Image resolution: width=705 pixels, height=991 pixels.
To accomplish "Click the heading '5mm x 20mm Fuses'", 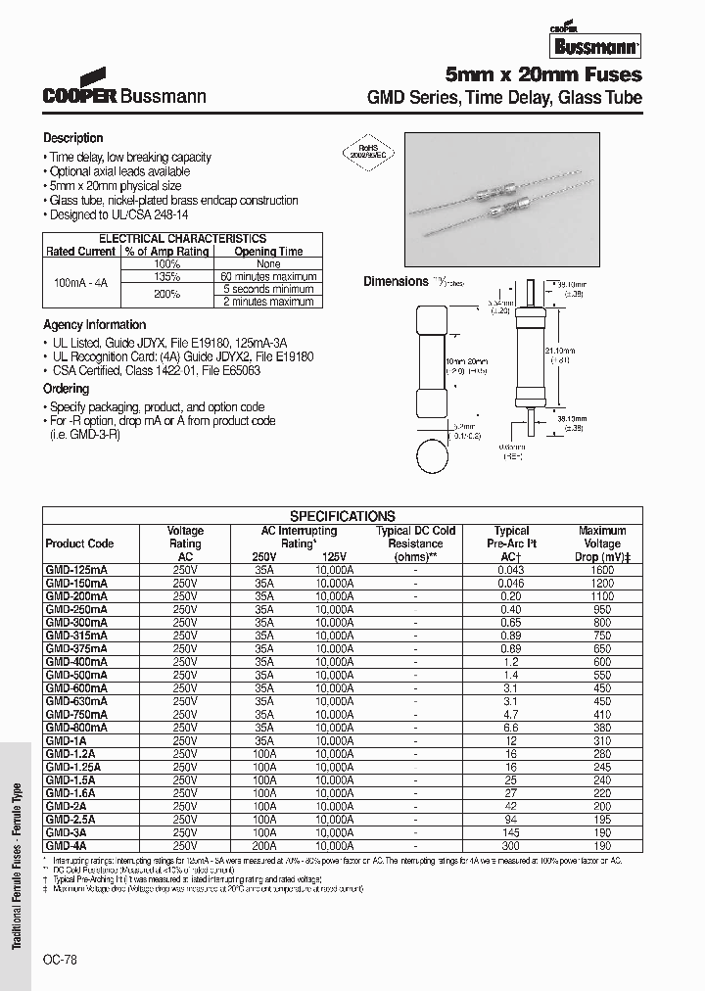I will pyautogui.click(x=543, y=74).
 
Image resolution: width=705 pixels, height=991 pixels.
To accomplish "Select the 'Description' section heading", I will pyautogui.click(x=73, y=138).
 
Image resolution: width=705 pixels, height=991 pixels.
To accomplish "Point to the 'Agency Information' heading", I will pyautogui.click(x=95, y=324).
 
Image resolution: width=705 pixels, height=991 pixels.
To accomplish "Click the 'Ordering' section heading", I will pyautogui.click(x=67, y=389).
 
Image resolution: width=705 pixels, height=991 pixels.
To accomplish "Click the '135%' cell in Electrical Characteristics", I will pyautogui.click(x=166, y=276).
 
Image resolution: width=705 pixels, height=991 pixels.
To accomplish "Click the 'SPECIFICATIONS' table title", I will pyautogui.click(x=343, y=516).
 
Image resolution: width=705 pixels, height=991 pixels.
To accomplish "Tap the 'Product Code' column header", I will pyautogui.click(x=80, y=543).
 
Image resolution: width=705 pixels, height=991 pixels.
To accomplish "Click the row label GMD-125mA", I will pyautogui.click(x=77, y=569).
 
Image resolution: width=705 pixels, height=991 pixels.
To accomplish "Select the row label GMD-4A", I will pyautogui.click(x=68, y=845).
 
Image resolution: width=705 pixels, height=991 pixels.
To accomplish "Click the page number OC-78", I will pyautogui.click(x=60, y=961).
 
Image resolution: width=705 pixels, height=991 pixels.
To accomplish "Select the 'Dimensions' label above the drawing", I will pyautogui.click(x=396, y=281).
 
